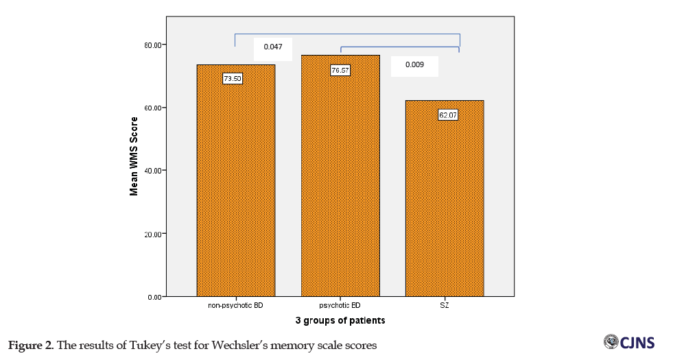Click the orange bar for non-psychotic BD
point(235,185)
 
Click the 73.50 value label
point(233,78)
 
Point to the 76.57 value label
point(340,70)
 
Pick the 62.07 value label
point(448,115)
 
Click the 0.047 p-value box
point(272,49)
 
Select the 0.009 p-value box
point(414,65)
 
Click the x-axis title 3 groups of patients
point(340,320)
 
